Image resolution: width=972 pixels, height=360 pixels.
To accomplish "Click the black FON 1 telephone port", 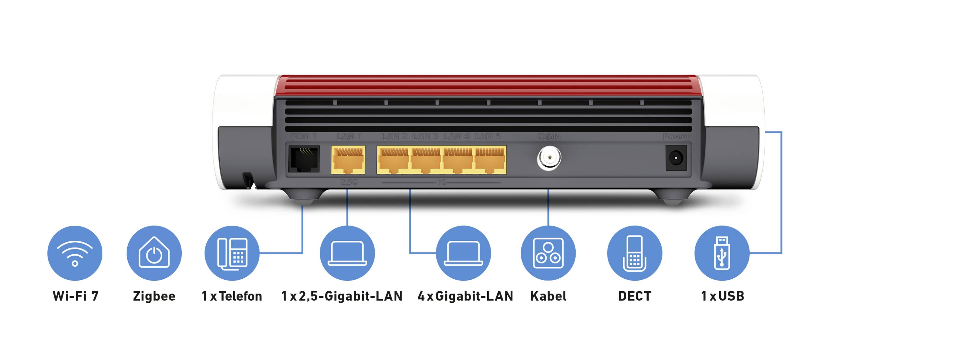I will (x=304, y=159).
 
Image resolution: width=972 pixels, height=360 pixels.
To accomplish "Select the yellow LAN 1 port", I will (x=348, y=160).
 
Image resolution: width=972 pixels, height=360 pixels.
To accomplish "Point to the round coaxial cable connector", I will (x=549, y=158).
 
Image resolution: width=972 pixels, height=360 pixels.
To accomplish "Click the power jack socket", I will (x=676, y=158).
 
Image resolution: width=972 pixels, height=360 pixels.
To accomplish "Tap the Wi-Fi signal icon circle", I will (x=75, y=253).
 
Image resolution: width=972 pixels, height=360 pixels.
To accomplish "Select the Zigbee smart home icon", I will (x=154, y=253).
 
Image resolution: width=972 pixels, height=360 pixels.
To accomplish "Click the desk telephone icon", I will (x=232, y=253).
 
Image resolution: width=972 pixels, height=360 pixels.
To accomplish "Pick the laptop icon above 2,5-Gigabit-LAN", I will (x=347, y=253).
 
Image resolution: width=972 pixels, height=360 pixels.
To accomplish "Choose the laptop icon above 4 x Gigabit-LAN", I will (x=463, y=253).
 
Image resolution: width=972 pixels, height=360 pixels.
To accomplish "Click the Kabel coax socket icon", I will (x=548, y=253).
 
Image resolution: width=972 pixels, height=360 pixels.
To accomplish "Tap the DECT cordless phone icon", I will (x=635, y=253).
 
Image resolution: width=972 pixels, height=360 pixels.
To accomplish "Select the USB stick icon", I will (x=722, y=253).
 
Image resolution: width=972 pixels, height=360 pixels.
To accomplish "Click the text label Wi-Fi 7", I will (x=75, y=296).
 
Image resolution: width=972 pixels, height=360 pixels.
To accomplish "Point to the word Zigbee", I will (x=154, y=296).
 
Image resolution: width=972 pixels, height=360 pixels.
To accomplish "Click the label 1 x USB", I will (x=722, y=296).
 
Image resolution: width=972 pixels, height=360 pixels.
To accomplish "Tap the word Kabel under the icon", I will (x=548, y=296).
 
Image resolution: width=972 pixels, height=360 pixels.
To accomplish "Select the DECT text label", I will (x=635, y=296).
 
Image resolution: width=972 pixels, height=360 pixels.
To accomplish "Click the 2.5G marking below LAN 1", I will (x=349, y=182).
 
